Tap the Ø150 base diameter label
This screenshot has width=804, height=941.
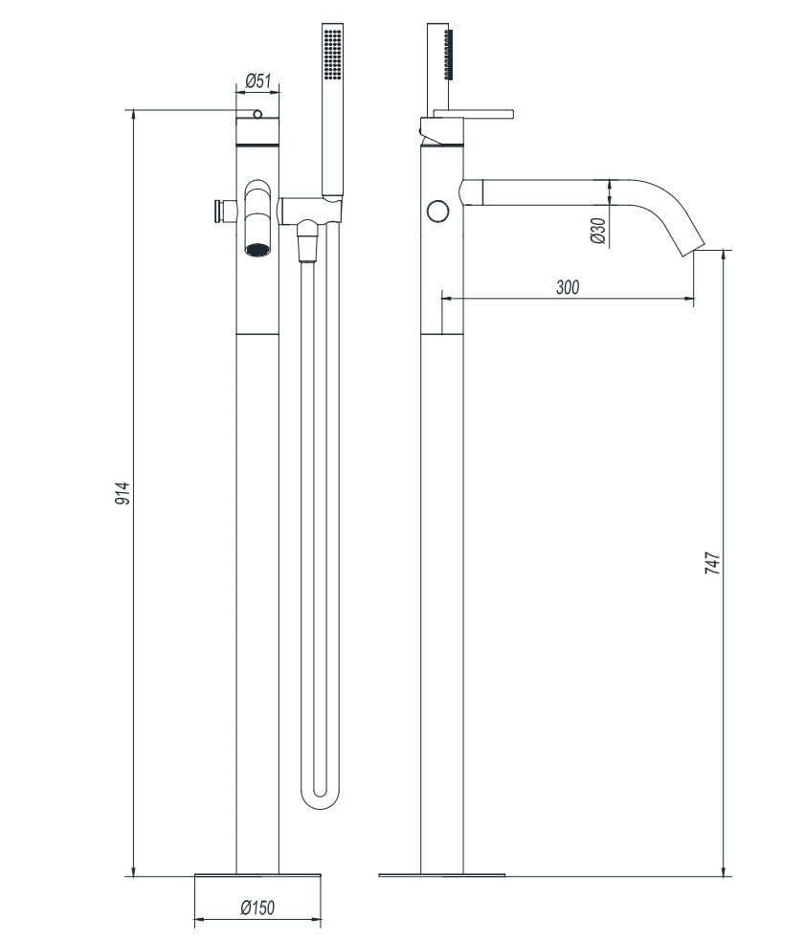point(257,907)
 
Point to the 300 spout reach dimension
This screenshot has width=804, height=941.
point(567,286)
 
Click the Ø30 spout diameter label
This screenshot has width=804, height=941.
point(597,232)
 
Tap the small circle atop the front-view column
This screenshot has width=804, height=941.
point(257,115)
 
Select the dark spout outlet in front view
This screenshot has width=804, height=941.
point(257,250)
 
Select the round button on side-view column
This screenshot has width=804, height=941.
point(439,210)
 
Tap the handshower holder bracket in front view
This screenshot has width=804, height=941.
point(311,206)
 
